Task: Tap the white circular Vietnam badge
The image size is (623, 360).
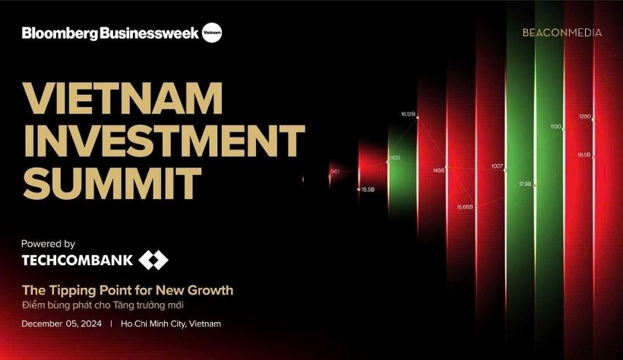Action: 212,33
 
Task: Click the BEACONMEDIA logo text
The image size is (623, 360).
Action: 562,33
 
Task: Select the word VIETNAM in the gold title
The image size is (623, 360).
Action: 122,99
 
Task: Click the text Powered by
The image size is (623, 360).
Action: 48,244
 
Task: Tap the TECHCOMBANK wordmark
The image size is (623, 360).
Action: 77,261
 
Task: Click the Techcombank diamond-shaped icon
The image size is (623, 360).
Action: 153,261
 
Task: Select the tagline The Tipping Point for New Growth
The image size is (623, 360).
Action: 127,290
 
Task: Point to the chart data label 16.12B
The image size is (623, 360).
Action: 408,114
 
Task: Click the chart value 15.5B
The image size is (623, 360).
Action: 368,189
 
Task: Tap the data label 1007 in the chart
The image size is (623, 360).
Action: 497,166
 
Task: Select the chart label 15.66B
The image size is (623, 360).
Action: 464,207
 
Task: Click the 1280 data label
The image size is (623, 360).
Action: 584,117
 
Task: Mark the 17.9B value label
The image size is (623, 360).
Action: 524,184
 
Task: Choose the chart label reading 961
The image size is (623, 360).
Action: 335,172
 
